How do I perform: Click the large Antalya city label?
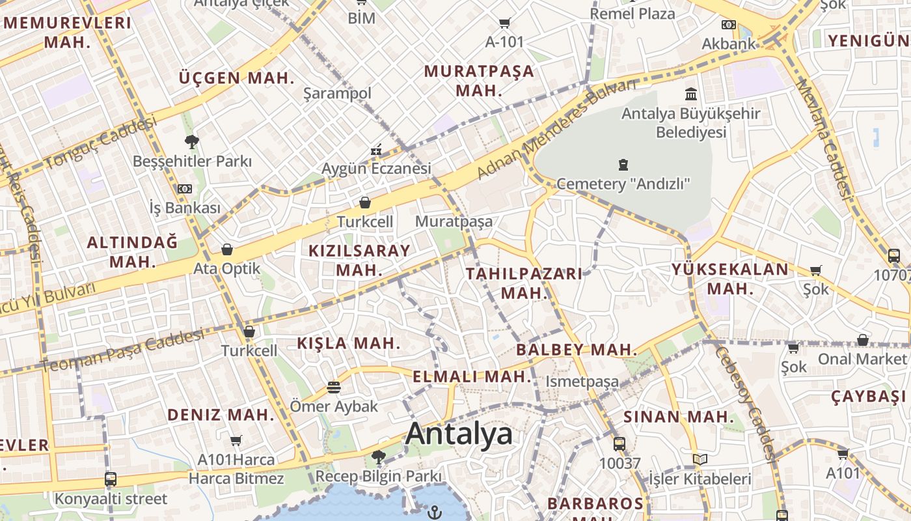click(459, 434)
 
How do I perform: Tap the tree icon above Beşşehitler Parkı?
click(192, 141)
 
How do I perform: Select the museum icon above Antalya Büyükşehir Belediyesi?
click(691, 94)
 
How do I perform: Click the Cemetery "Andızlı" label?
click(623, 184)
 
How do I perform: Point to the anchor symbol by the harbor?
click(434, 513)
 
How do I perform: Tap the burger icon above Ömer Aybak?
click(334, 387)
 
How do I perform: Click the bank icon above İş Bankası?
click(185, 189)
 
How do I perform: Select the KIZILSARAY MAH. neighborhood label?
click(359, 260)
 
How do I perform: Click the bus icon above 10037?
click(619, 444)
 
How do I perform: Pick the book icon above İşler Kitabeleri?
click(700, 460)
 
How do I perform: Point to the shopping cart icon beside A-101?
click(504, 23)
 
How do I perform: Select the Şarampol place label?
click(337, 93)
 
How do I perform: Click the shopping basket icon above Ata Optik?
click(227, 249)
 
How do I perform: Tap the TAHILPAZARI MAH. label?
click(524, 283)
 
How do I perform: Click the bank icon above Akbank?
click(729, 25)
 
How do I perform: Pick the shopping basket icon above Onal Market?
click(862, 340)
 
